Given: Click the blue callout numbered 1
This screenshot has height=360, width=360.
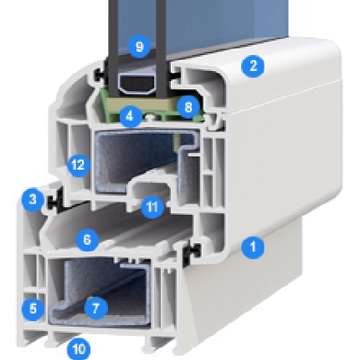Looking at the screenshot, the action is (x=253, y=247).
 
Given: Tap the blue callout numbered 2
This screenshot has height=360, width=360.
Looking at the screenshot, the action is (x=253, y=66).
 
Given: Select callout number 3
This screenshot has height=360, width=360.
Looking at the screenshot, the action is (x=32, y=199).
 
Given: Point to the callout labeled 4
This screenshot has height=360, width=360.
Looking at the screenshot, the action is (x=130, y=116).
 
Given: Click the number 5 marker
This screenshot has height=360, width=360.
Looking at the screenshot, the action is (x=32, y=308).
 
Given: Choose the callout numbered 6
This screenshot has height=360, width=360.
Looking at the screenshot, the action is (x=87, y=239).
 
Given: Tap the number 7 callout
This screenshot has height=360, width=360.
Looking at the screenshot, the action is (x=95, y=308).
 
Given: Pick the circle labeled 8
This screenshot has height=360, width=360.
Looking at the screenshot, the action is (x=188, y=107).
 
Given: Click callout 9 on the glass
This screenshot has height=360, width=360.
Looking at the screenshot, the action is (x=139, y=47).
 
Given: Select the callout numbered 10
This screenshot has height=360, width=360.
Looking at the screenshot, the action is (x=78, y=348).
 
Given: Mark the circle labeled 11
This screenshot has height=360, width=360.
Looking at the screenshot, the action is (x=152, y=207).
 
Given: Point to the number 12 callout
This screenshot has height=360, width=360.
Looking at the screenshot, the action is (x=78, y=166).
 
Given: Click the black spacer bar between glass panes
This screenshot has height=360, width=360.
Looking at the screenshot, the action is (x=137, y=83).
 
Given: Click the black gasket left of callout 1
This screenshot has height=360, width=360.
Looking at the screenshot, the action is (x=189, y=253).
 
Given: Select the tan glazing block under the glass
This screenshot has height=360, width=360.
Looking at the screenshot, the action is (x=139, y=104).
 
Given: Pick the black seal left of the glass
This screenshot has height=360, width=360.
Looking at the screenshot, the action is (x=100, y=75).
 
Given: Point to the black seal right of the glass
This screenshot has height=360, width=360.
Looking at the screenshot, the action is (x=174, y=75).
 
